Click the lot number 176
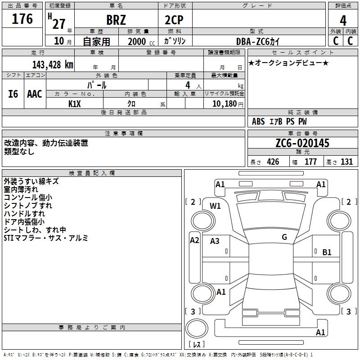tap(22, 19)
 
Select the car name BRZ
tap(116, 21)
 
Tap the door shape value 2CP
tap(175, 21)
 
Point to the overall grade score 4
tap(343, 21)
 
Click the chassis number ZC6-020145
tap(302, 144)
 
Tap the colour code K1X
tap(75, 103)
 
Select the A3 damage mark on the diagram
tap(215, 241)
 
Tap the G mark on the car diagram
tap(284, 237)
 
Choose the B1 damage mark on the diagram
tap(327, 252)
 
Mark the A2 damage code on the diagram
tap(194, 240)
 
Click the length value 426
tap(273, 162)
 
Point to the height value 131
tap(347, 162)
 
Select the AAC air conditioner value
tap(35, 94)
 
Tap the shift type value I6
tap(13, 94)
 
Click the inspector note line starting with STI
tap(46, 238)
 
